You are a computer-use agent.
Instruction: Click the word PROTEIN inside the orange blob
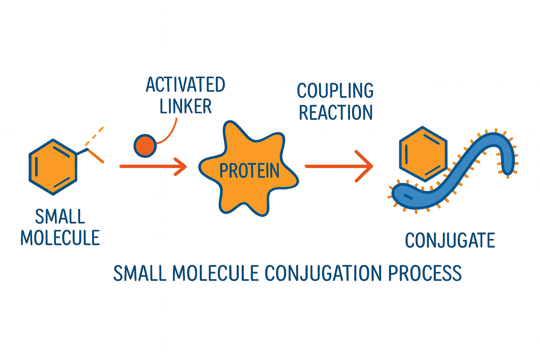(x=249, y=171)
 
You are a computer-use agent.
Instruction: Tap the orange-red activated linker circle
(x=145, y=146)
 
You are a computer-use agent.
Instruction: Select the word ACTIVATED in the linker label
(x=185, y=85)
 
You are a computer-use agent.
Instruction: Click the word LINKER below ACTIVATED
(x=185, y=106)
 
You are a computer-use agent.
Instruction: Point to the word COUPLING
(x=335, y=91)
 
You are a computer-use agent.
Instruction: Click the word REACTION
(x=335, y=112)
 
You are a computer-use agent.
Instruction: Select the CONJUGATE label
(x=450, y=240)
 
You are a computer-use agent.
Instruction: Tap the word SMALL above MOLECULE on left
(x=60, y=217)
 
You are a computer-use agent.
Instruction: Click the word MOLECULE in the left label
(x=60, y=238)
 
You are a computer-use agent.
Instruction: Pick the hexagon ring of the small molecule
(x=53, y=167)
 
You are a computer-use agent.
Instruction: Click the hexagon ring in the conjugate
(x=423, y=154)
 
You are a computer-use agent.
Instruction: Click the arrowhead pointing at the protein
(x=181, y=166)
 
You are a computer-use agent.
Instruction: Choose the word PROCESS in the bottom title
(x=425, y=274)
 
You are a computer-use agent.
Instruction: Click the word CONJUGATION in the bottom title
(x=323, y=274)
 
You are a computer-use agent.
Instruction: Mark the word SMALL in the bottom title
(x=140, y=274)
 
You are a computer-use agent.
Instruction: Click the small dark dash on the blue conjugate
(x=408, y=196)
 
